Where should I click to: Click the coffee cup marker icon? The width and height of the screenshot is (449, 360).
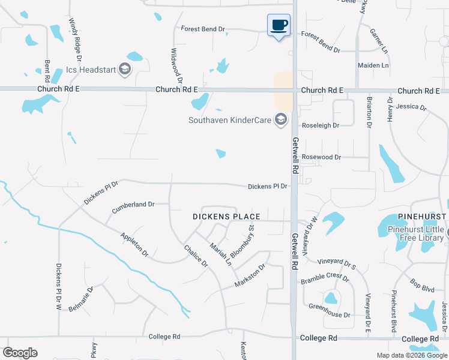pyautogui.click(x=279, y=25)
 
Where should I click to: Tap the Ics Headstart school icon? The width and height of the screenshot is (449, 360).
pyautogui.click(x=125, y=69)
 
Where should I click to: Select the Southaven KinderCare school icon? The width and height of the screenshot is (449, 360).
pyautogui.click(x=280, y=120)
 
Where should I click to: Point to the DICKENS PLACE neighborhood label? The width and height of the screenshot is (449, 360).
pyautogui.click(x=226, y=217)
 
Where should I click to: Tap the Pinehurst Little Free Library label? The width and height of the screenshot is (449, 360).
pyautogui.click(x=415, y=233)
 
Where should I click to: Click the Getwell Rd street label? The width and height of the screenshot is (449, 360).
pyautogui.click(x=295, y=155)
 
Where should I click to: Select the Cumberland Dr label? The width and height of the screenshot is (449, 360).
pyautogui.click(x=133, y=205)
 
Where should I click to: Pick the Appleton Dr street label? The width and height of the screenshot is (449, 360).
pyautogui.click(x=134, y=245)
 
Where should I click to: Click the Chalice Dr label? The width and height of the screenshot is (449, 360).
pyautogui.click(x=196, y=256)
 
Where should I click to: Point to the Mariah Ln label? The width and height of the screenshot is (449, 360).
pyautogui.click(x=220, y=253)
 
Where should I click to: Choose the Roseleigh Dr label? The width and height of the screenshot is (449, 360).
pyautogui.click(x=321, y=125)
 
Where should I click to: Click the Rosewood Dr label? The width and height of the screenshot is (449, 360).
pyautogui.click(x=321, y=157)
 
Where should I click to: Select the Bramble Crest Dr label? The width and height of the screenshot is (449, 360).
pyautogui.click(x=325, y=277)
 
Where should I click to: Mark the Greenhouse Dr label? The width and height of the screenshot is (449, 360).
pyautogui.click(x=329, y=314)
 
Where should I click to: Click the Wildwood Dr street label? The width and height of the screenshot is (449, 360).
pyautogui.click(x=176, y=66)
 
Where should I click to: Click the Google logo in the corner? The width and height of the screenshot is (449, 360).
pyautogui.click(x=20, y=353)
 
